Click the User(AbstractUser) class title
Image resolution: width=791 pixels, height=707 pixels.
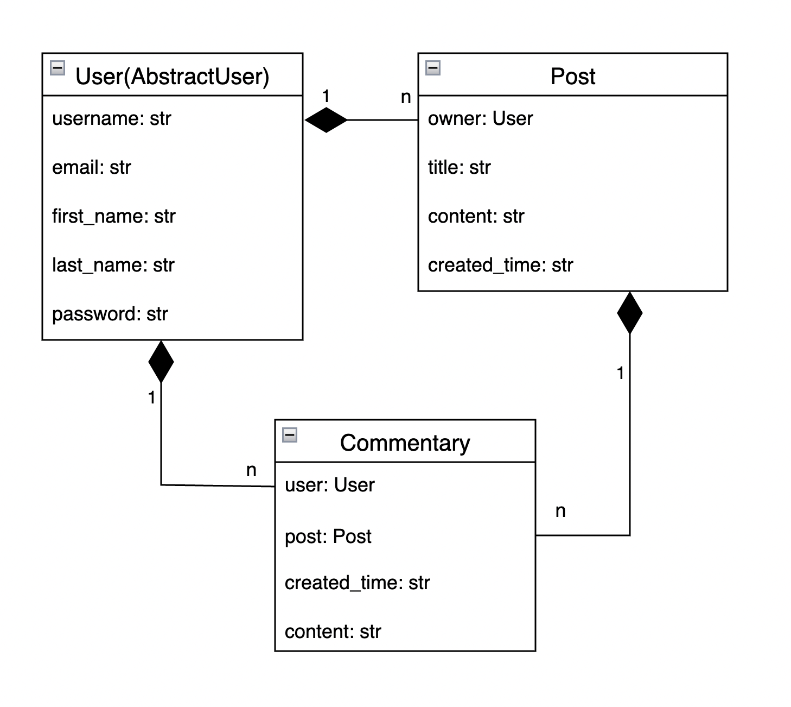click(172, 77)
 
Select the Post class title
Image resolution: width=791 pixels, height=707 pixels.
click(573, 76)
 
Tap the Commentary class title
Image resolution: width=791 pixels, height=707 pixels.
click(405, 443)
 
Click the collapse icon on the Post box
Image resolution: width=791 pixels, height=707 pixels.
click(432, 68)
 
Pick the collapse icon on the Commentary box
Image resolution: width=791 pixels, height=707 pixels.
click(290, 434)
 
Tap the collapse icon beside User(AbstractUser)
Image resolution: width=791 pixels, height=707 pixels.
click(58, 68)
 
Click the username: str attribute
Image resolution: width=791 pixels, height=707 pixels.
click(112, 118)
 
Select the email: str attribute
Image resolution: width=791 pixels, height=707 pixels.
click(92, 167)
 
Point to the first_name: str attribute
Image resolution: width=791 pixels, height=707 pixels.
click(114, 216)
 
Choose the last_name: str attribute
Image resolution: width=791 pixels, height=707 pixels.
click(113, 265)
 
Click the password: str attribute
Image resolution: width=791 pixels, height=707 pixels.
click(110, 314)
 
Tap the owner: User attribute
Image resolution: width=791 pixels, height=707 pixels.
click(480, 118)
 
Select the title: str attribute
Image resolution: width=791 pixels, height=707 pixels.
click(459, 167)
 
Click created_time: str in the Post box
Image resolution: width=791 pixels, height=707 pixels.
click(501, 265)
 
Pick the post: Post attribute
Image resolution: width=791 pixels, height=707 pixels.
click(328, 536)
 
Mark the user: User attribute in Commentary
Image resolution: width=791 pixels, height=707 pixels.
click(330, 485)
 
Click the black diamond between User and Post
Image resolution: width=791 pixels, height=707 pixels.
click(326, 120)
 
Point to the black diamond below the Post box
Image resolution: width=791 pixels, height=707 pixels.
click(630, 313)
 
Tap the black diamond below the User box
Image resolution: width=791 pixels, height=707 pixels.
click(161, 362)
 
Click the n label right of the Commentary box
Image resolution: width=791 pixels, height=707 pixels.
click(560, 511)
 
